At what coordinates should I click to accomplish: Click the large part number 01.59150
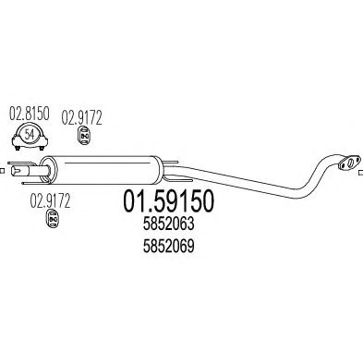[x=168, y=201]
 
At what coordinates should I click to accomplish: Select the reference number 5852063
[x=168, y=224]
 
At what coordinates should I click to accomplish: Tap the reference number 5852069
[x=168, y=246]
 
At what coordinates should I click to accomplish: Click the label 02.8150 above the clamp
[x=30, y=114]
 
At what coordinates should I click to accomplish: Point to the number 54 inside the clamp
[x=30, y=135]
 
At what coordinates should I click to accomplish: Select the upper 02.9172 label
[x=81, y=118]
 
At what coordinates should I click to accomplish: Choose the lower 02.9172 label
[x=50, y=200]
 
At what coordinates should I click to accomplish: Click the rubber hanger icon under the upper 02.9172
[x=82, y=135]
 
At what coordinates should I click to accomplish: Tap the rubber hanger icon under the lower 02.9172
[x=53, y=219]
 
